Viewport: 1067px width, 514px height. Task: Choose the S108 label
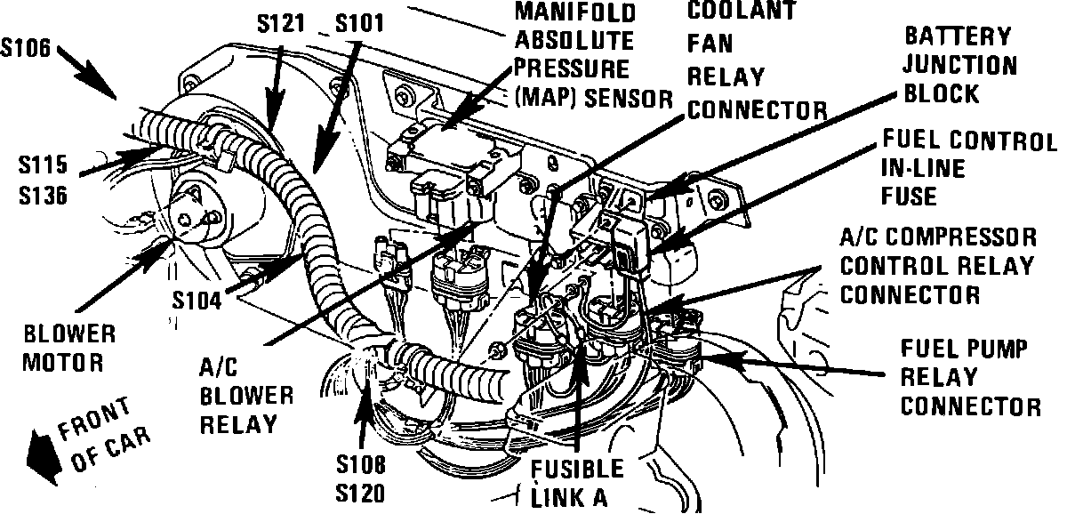tap(361, 463)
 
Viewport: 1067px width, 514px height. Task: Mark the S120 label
tap(361, 491)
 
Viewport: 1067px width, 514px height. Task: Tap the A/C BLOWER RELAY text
tap(237, 394)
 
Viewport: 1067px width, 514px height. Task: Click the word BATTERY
tap(958, 36)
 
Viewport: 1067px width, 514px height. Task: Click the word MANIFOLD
tap(589, 13)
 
